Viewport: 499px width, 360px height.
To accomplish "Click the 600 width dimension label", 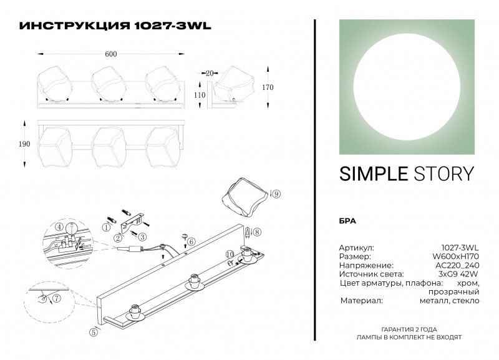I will coord(111,54).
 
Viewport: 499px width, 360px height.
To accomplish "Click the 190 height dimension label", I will coord(24,144).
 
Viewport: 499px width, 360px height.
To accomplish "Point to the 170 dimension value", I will coord(268,87).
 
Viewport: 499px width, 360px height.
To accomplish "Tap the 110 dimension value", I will coord(199,95).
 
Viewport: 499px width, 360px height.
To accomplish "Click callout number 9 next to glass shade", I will coord(276,194).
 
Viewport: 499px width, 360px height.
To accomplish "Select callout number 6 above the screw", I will coord(191,241).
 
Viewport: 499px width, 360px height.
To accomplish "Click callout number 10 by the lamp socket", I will coord(230,254).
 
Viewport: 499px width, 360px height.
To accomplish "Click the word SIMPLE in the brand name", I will coord(372,174).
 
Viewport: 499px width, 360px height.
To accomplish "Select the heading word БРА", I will coord(347,220).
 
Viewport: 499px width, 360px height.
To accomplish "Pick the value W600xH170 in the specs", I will coord(458,256).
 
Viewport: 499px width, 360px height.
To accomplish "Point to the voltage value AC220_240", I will coord(458,266).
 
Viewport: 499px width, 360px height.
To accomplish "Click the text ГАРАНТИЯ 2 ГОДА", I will coord(409,329).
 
